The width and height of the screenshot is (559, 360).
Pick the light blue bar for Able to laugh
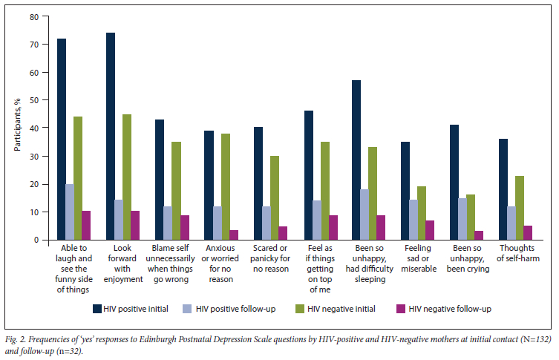pos(71,212)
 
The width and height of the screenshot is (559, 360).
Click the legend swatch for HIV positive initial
pos(97,307)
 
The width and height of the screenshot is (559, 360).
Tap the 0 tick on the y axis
pos(35,240)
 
